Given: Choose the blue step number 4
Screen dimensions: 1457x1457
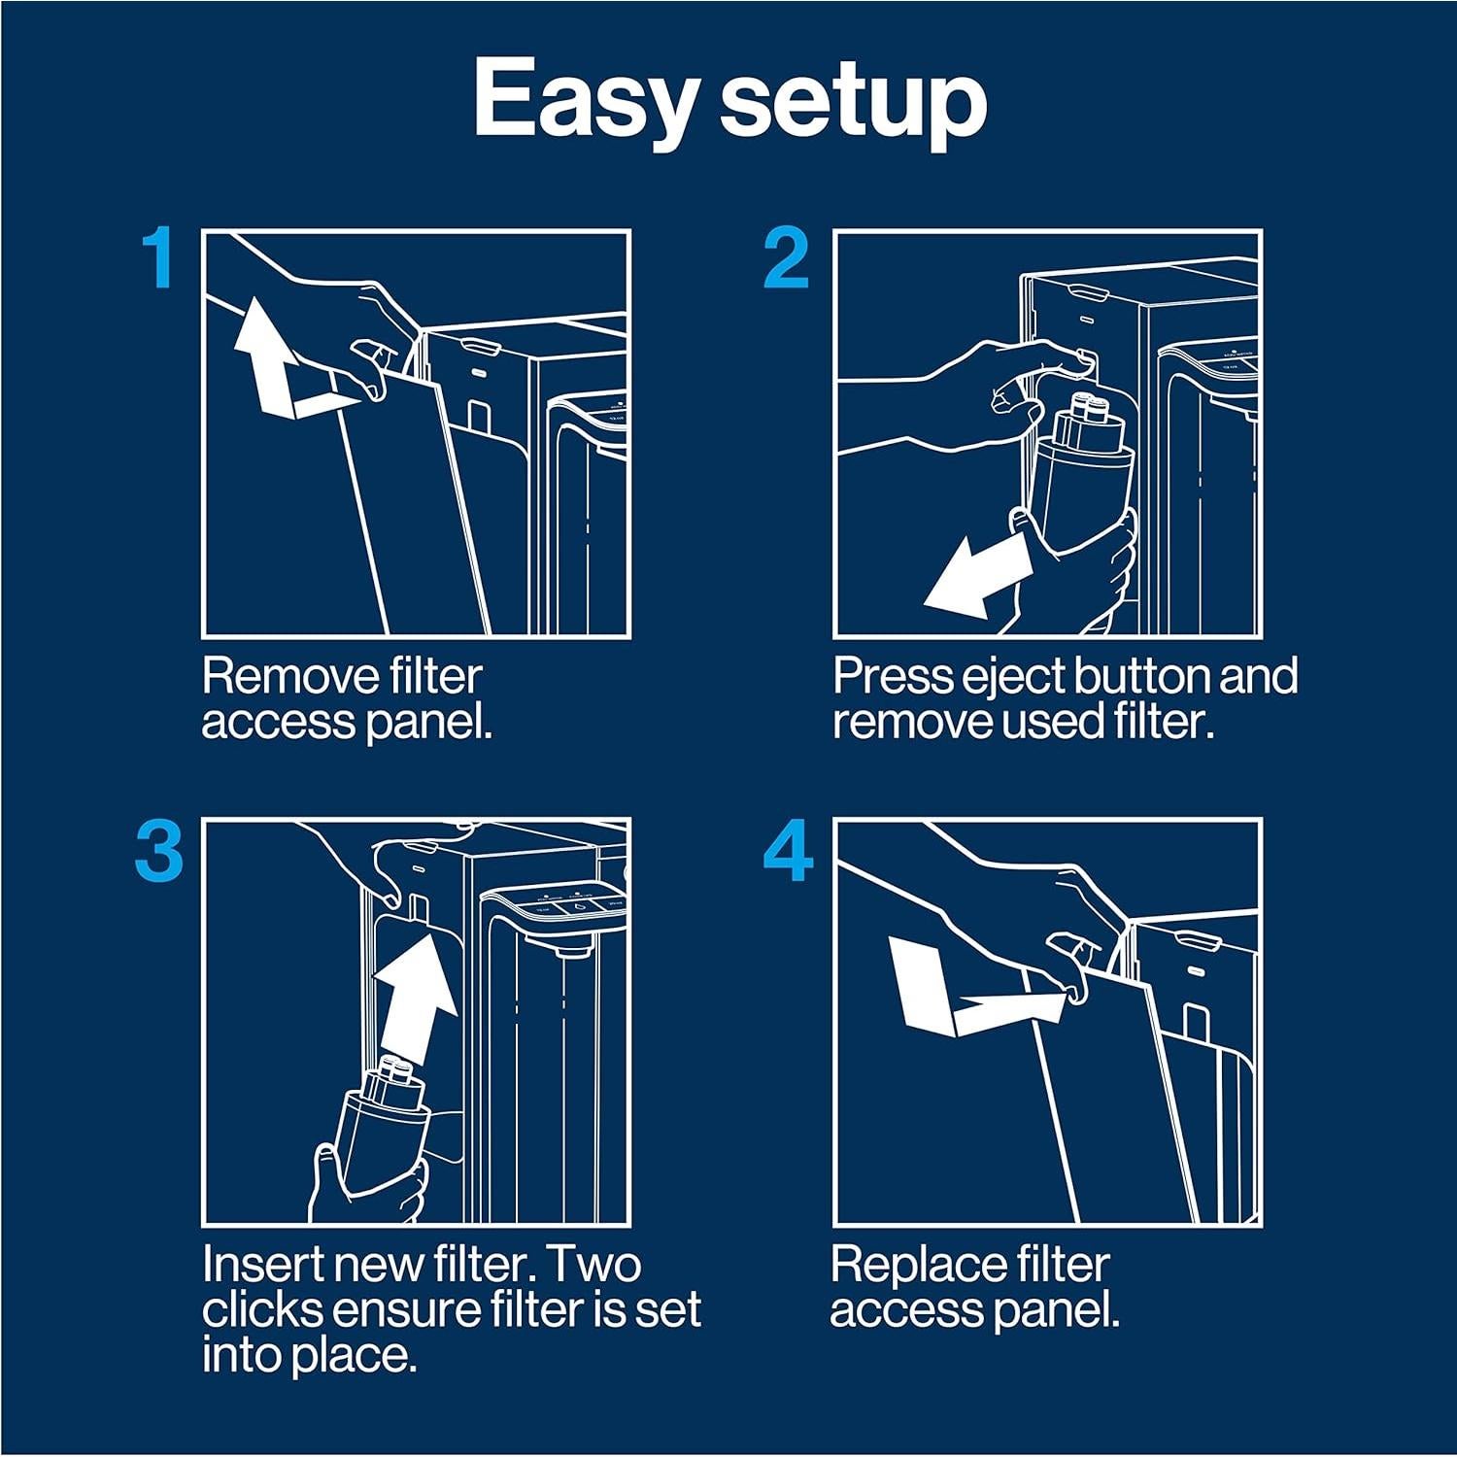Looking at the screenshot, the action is (x=788, y=851).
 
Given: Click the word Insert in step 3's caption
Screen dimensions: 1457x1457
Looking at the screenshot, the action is (x=255, y=1265).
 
